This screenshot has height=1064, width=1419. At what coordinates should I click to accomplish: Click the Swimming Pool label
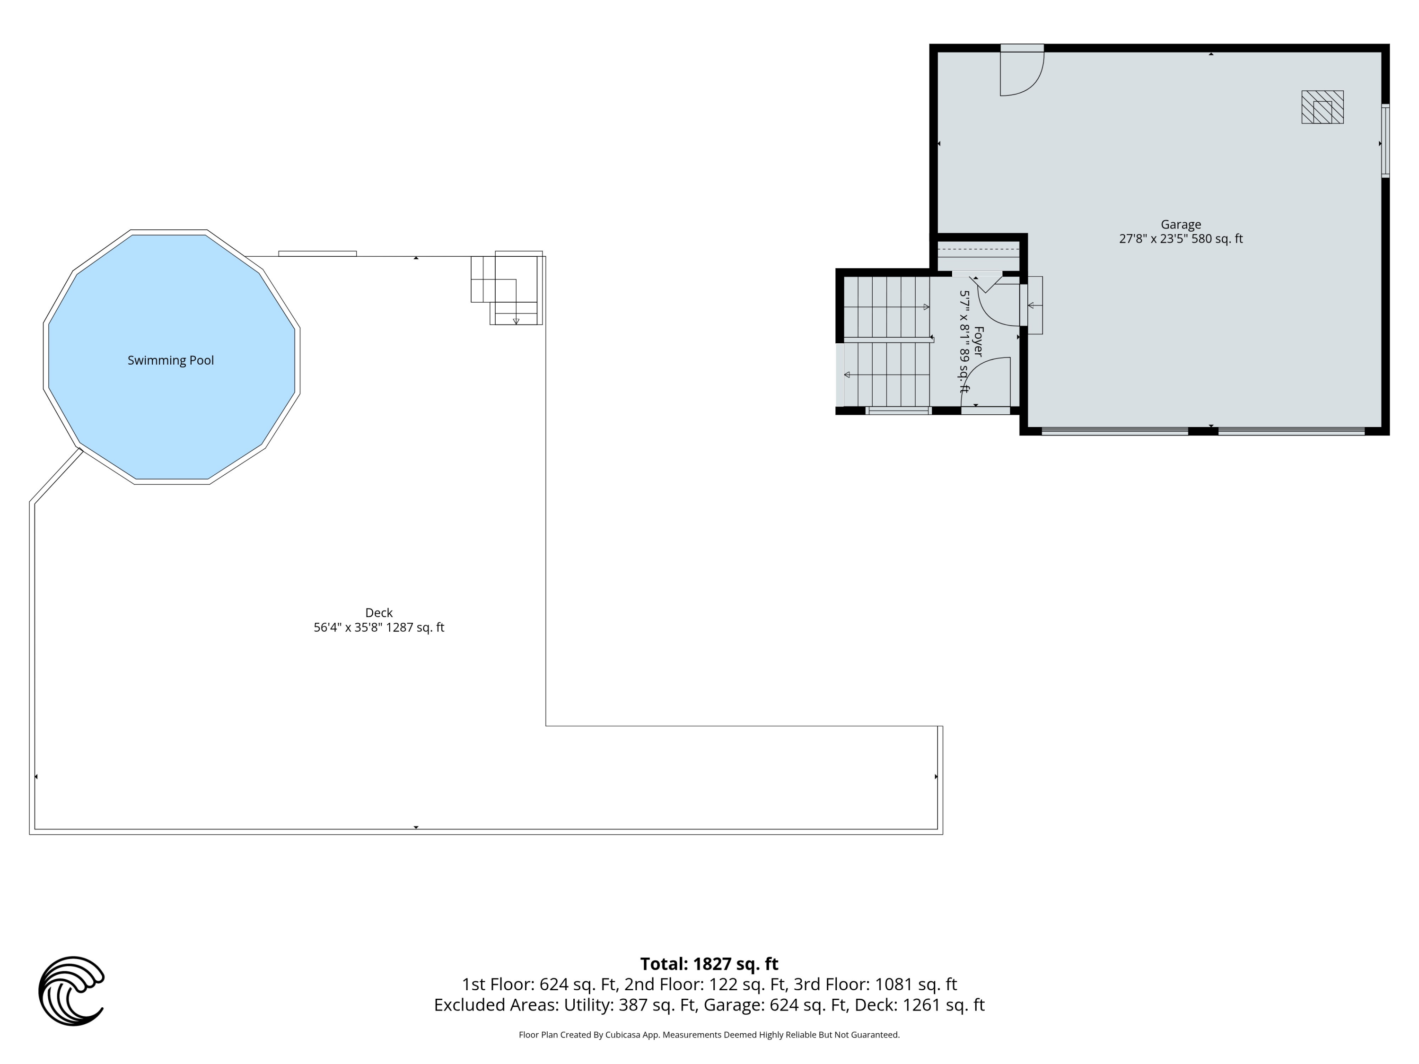pos(171,360)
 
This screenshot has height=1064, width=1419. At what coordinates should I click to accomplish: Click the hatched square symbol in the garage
pos(1322,107)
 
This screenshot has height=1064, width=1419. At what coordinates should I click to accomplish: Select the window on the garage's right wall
pos(1385,140)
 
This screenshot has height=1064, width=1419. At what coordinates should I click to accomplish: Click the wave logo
pos(71,991)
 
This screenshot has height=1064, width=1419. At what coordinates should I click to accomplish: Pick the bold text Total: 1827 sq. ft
pos(709,964)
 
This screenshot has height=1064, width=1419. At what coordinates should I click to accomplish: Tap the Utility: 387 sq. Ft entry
pos(630,1004)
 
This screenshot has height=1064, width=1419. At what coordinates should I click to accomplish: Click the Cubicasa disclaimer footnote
pos(709,1035)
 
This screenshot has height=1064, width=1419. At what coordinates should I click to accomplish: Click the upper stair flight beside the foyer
pos(886,306)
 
